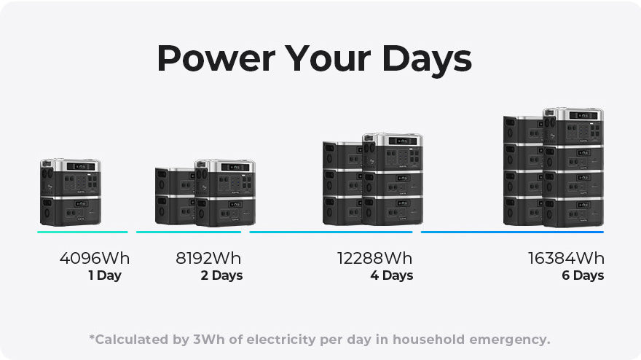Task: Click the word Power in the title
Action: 216,58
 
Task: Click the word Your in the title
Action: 328,58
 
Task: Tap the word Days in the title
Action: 427,60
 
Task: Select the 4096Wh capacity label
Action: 95,258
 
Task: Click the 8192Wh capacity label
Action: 208,258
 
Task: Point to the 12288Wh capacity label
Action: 375,258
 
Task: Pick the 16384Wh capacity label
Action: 566,258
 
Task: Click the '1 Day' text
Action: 105,275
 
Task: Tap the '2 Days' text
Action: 221,275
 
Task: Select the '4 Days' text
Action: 392,275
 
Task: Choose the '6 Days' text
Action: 583,275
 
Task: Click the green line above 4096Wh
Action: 82,232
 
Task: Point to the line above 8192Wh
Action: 189,232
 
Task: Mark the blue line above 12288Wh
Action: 331,232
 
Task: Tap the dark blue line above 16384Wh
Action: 512,232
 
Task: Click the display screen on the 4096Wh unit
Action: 81,166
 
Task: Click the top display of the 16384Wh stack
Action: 583,116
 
